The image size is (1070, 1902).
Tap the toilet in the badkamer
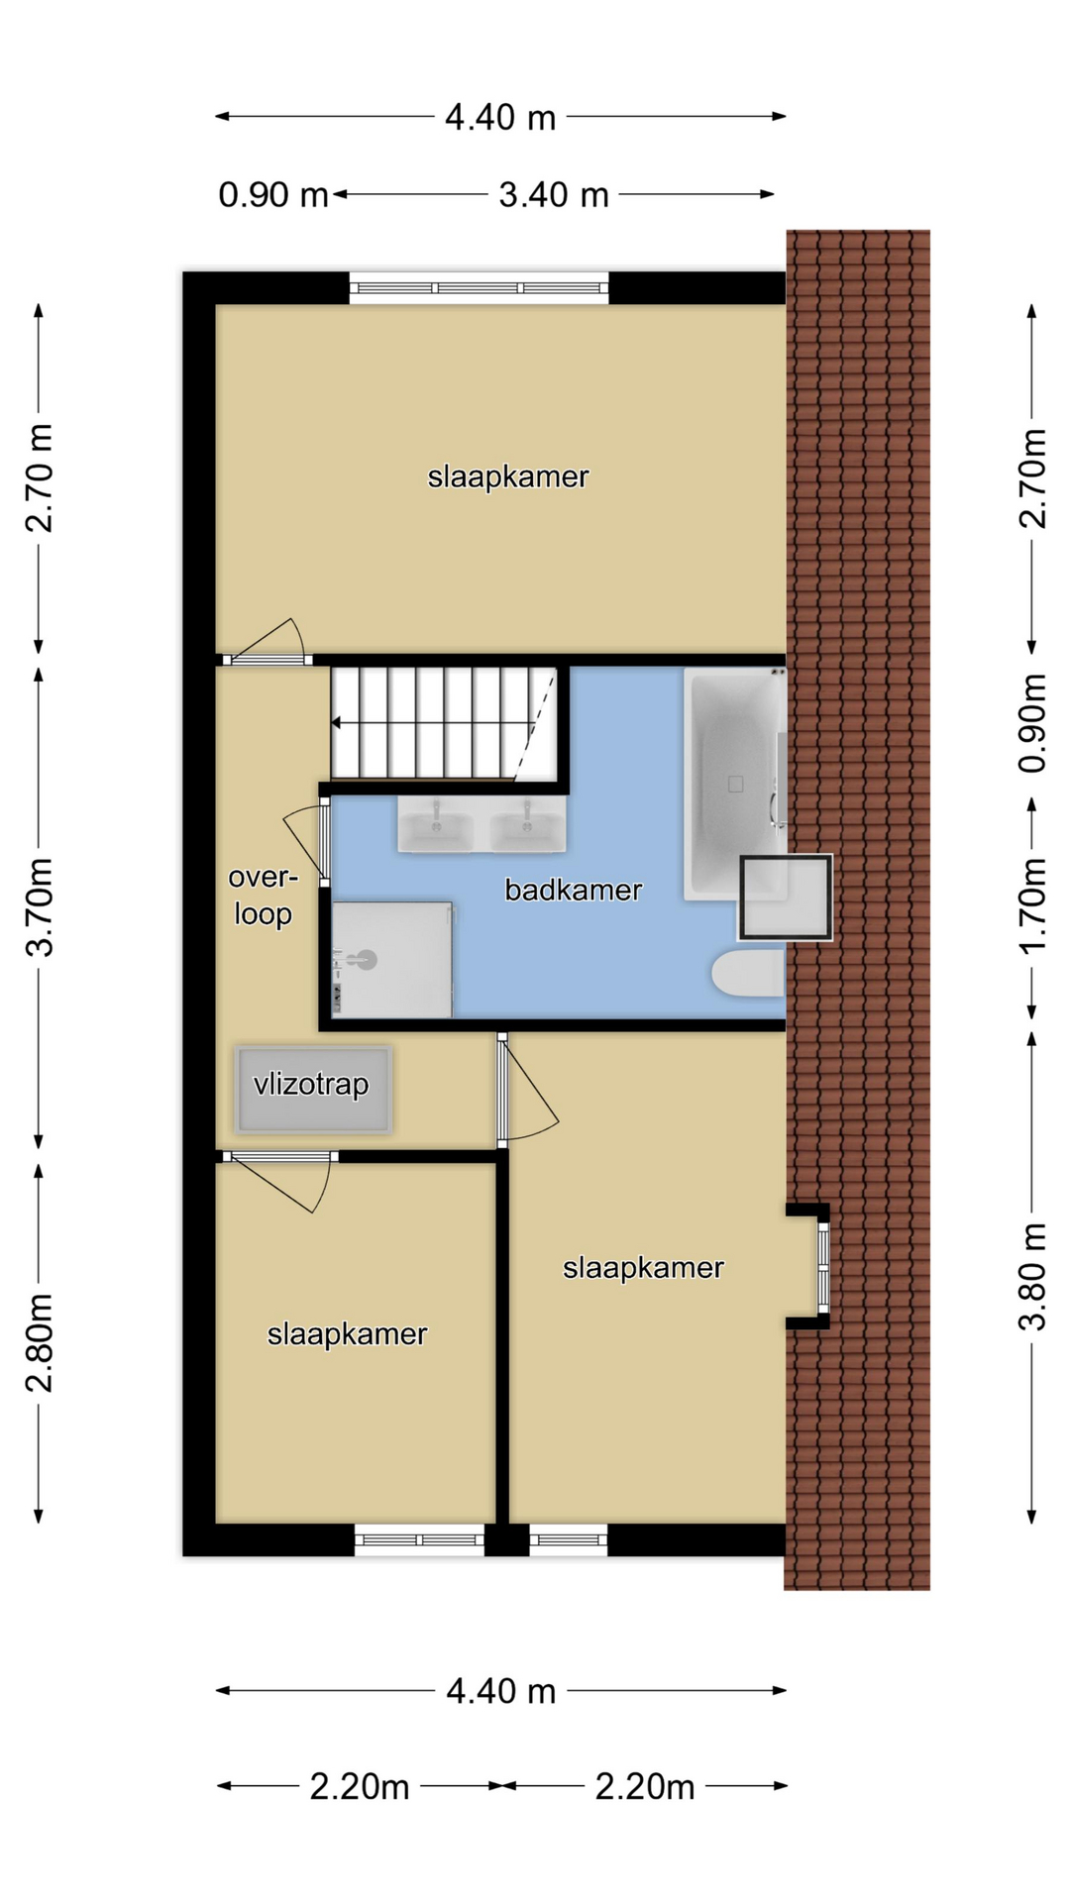749,974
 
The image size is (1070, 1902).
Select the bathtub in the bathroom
735,784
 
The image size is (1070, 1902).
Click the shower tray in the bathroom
392,959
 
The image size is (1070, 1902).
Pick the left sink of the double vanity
436,824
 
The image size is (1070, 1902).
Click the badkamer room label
574,890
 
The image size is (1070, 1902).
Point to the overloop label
263,895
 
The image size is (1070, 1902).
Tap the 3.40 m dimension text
554,195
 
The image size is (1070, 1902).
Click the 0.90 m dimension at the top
273,195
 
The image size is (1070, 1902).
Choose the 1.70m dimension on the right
1032,905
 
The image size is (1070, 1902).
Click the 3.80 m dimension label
1032,1277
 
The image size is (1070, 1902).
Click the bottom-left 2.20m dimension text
360,1787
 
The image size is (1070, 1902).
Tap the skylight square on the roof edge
785,898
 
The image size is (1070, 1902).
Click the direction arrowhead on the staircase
336,723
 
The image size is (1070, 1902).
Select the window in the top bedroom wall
479,288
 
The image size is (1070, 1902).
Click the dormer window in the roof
822,1266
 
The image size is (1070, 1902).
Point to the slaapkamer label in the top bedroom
508,477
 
